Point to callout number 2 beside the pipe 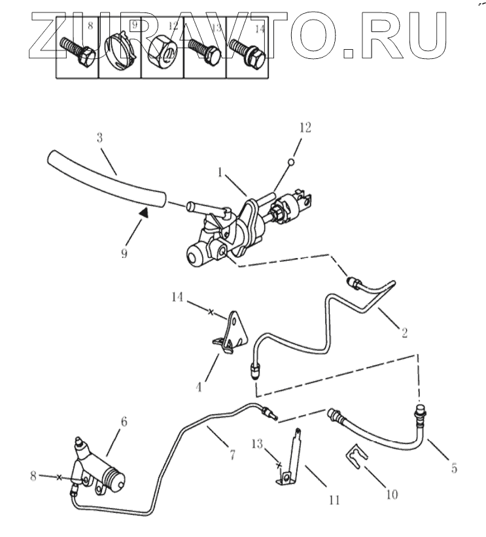[404, 332]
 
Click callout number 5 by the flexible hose [454, 468]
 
